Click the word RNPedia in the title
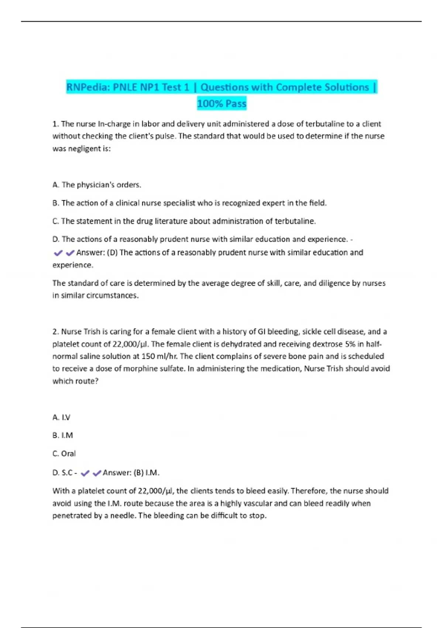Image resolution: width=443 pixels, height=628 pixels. coord(88,88)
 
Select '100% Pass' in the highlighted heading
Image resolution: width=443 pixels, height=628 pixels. coord(221,104)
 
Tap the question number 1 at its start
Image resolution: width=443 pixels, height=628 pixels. coord(55,124)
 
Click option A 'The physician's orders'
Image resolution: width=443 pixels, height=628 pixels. coord(97,185)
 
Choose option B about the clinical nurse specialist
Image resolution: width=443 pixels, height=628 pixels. coord(189,203)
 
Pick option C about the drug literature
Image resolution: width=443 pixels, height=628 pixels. coord(184,221)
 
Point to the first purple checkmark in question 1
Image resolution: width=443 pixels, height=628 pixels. coord(58,253)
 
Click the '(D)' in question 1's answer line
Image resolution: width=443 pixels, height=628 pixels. coord(112,253)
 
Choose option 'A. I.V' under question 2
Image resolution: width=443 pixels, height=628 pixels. coord(61,417)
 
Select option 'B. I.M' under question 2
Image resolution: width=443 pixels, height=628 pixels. coord(63,436)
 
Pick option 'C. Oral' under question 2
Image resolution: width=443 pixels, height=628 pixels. coord(64,454)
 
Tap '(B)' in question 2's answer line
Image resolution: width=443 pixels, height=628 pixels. coord(138,473)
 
